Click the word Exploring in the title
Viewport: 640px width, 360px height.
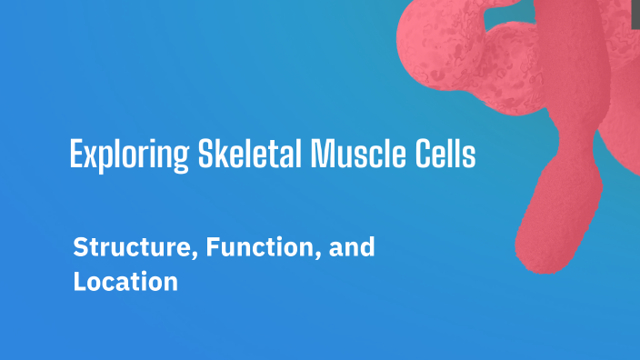(x=129, y=155)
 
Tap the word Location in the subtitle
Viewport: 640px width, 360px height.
(x=125, y=282)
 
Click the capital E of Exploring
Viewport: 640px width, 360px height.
(x=76, y=155)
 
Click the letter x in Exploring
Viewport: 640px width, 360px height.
(x=91, y=156)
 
